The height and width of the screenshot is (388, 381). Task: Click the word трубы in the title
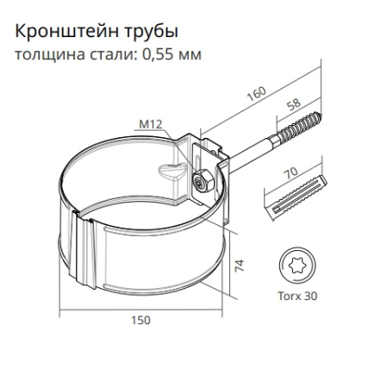click(155, 34)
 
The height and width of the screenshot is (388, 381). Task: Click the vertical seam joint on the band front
click(85, 253)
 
